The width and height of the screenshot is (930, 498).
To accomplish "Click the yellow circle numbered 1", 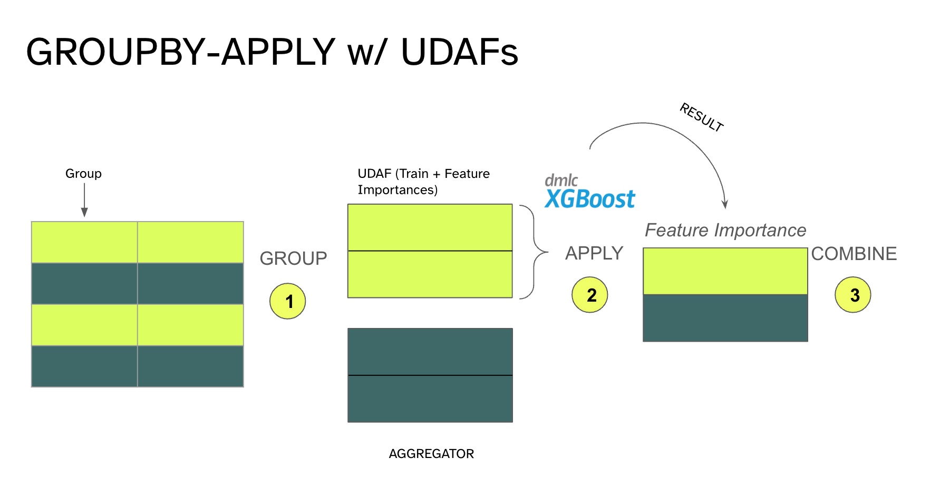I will click(288, 301).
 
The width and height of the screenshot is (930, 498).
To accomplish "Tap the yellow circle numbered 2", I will click(590, 295).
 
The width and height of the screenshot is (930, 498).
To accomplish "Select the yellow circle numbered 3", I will click(853, 295).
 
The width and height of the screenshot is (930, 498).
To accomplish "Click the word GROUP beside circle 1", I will click(293, 258).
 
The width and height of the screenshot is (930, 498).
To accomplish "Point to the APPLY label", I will click(594, 253).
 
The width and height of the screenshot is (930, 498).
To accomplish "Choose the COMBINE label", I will click(854, 254).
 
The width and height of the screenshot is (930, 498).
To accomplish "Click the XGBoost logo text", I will click(590, 199).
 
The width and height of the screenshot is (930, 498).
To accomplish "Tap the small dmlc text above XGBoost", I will click(561, 181).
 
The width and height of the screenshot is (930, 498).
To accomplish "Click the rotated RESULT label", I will click(702, 117).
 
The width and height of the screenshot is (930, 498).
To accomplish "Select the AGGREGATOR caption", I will click(431, 454).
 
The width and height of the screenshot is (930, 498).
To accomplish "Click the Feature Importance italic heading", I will click(725, 230).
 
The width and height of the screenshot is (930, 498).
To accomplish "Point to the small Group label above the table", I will click(83, 174).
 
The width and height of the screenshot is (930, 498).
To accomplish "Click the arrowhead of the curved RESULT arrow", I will click(725, 205).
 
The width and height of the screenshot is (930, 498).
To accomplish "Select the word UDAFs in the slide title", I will click(459, 52).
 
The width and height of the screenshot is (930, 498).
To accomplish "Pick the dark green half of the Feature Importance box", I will click(725, 318).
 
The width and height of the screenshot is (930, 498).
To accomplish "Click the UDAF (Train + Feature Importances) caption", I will click(423, 181).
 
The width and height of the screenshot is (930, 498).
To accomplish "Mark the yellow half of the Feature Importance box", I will click(725, 271).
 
